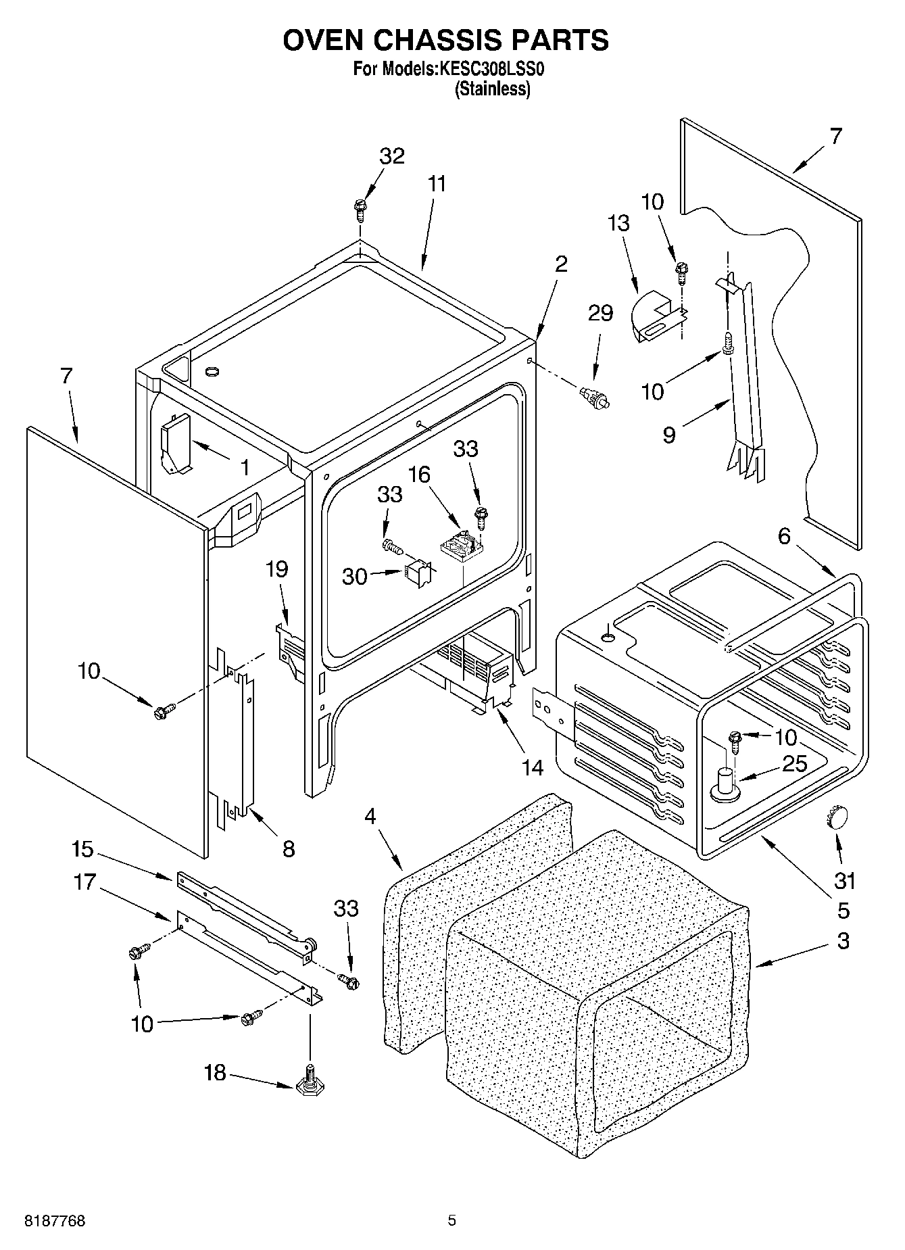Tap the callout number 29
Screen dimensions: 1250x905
(x=600, y=313)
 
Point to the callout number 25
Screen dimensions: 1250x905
(x=794, y=764)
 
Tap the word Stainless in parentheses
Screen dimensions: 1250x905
(x=492, y=89)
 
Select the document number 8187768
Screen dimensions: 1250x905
(x=54, y=1221)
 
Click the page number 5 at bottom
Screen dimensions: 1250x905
(x=451, y=1221)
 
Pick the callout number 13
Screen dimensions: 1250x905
(x=618, y=223)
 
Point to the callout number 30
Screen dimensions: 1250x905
(x=354, y=577)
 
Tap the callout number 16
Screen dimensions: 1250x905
(x=419, y=475)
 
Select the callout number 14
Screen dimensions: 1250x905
(x=532, y=767)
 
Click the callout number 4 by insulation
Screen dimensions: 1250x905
(x=369, y=816)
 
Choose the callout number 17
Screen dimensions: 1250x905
(x=85, y=882)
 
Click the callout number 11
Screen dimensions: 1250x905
(x=437, y=184)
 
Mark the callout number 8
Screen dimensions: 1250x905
(x=289, y=848)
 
